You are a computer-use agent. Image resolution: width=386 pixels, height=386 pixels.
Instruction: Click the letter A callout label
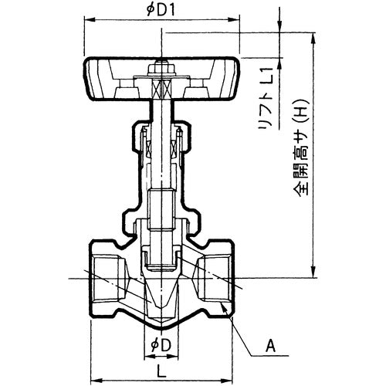coord(270,347)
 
